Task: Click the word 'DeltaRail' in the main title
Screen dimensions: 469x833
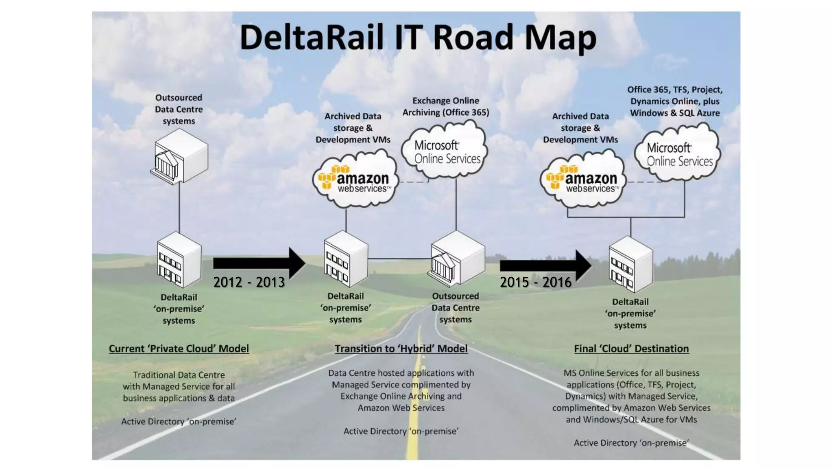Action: point(311,37)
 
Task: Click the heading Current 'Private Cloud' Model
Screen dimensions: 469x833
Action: point(179,349)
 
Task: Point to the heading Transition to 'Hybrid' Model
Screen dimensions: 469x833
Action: point(401,349)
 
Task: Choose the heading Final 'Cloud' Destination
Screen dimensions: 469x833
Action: point(631,349)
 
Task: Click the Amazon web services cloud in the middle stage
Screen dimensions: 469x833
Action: point(355,180)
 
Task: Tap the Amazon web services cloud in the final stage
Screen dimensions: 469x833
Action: point(582,180)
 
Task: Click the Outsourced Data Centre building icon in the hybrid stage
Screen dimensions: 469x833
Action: point(456,259)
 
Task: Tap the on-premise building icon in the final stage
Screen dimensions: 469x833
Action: point(630,265)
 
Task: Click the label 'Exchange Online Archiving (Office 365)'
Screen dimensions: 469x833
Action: point(446,107)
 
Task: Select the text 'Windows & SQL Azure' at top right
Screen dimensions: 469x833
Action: point(675,113)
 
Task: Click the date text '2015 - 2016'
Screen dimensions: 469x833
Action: point(535,282)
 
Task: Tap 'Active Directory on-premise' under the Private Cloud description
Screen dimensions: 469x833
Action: point(179,422)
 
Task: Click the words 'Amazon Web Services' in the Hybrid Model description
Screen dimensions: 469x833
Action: point(401,408)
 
